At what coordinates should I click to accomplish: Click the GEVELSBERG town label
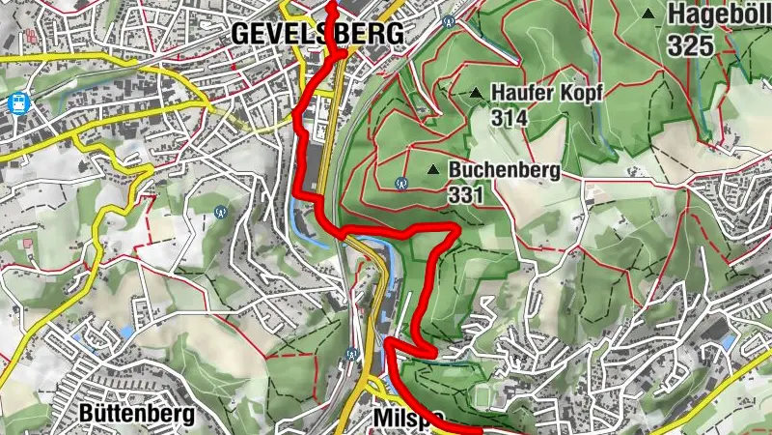click(x=317, y=33)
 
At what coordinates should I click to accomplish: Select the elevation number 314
click(x=510, y=116)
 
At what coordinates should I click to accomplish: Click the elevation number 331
click(x=465, y=193)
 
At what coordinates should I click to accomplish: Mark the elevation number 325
click(x=689, y=43)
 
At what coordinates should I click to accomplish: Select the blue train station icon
click(x=16, y=101)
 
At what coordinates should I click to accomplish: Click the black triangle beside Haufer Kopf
click(x=477, y=94)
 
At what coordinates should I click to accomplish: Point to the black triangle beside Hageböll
click(x=648, y=14)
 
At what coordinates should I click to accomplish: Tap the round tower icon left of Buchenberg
click(x=401, y=181)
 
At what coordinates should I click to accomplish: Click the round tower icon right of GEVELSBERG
click(x=447, y=21)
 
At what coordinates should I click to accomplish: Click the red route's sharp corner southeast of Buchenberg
click(x=455, y=228)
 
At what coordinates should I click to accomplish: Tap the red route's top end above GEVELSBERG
click(x=331, y=5)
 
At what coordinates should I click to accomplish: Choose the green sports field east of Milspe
click(x=502, y=396)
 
